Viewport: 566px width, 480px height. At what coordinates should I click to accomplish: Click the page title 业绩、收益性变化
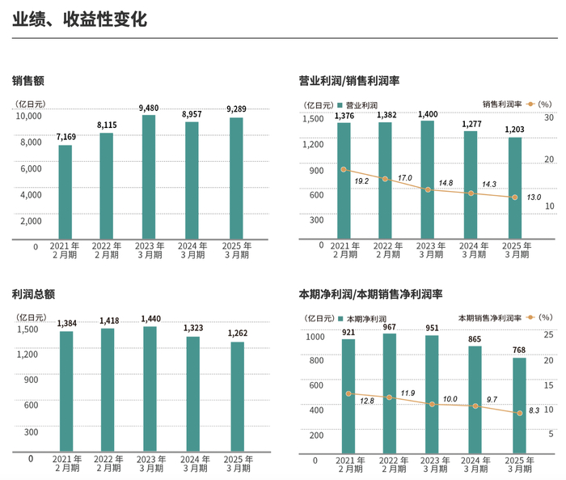(79, 19)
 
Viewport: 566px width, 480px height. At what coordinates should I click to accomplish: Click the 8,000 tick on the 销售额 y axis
(30, 142)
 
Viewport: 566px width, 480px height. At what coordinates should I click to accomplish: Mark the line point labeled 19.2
(344, 169)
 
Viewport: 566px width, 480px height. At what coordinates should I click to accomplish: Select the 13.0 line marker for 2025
(514, 198)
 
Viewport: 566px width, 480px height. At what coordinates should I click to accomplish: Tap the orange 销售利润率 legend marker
(530, 104)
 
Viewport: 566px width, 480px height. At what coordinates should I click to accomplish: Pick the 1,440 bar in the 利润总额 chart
(149, 389)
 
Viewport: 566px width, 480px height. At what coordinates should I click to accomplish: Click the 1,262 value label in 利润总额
(237, 333)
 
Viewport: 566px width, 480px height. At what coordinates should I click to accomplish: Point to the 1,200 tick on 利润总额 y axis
(27, 355)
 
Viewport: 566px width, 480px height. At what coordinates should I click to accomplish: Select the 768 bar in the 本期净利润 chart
(519, 404)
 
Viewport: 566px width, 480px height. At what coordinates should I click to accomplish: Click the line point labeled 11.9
(390, 397)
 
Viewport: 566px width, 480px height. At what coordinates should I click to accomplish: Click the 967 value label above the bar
(389, 326)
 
